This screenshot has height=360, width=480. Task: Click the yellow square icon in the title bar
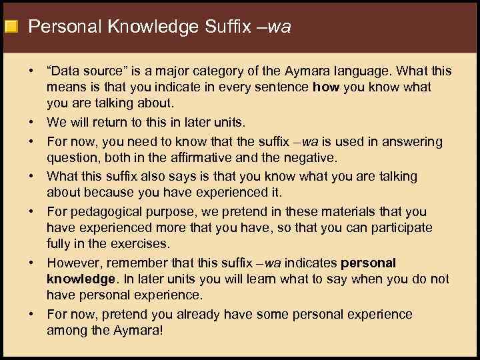coord(11,27)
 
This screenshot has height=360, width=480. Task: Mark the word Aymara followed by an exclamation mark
coord(138,331)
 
